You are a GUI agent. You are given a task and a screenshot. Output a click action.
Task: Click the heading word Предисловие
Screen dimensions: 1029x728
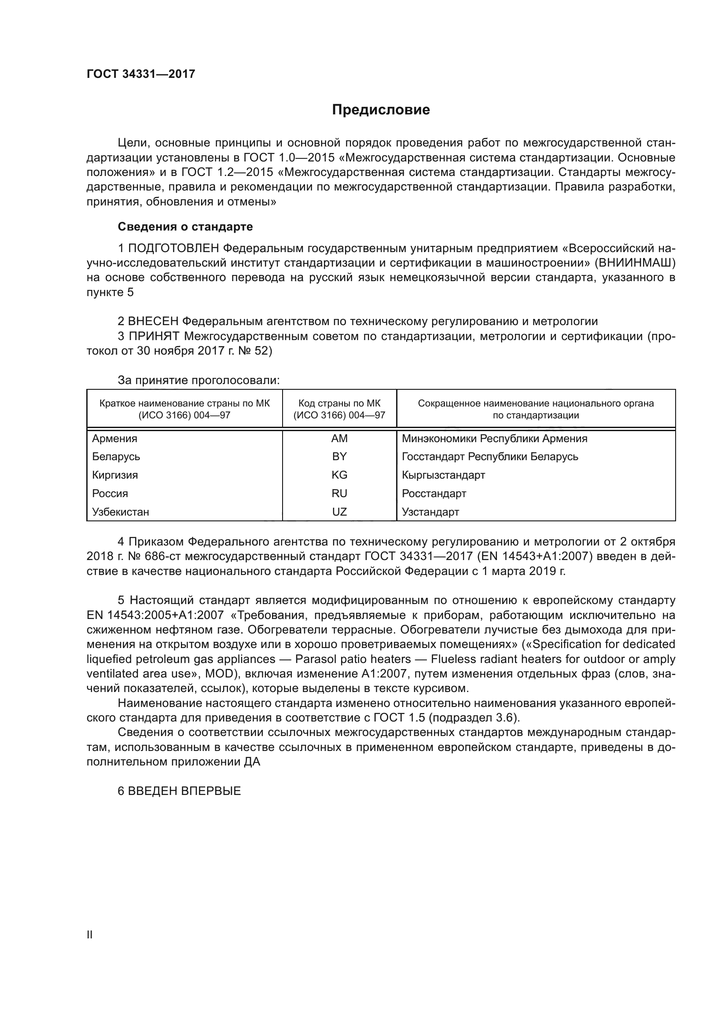tap(381, 110)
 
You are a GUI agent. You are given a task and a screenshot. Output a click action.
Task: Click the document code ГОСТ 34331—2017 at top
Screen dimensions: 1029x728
tap(141, 74)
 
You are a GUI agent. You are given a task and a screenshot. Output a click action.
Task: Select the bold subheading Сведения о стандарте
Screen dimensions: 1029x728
tap(185, 227)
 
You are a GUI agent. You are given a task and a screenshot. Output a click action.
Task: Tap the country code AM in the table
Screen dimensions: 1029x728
tap(339, 438)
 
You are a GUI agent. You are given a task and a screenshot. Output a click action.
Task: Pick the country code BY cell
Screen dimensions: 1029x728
tap(339, 456)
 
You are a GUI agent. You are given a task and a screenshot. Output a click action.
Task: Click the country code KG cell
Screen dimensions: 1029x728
tap(339, 475)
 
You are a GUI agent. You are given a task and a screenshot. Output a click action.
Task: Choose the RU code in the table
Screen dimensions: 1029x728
tap(339, 494)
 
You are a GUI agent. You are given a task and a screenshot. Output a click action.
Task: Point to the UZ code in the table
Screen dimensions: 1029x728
tap(339, 512)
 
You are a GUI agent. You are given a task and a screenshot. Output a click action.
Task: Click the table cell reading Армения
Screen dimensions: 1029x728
tap(115, 438)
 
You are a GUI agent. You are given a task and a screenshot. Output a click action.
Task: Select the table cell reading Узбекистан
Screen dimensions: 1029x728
tap(121, 512)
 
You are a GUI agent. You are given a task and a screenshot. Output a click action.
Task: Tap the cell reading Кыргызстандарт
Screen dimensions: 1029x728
tap(443, 475)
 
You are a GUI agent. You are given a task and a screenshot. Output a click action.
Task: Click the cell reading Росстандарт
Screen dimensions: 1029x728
tap(434, 494)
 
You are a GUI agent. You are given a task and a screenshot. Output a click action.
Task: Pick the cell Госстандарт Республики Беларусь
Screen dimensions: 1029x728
tap(490, 456)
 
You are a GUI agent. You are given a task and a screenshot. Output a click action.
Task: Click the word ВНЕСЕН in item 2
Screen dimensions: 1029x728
tap(153, 321)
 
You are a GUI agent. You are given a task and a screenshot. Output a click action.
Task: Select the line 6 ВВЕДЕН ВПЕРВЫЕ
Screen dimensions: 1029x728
tap(179, 791)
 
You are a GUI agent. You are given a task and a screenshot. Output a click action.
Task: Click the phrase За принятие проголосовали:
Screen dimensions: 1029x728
tap(199, 381)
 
